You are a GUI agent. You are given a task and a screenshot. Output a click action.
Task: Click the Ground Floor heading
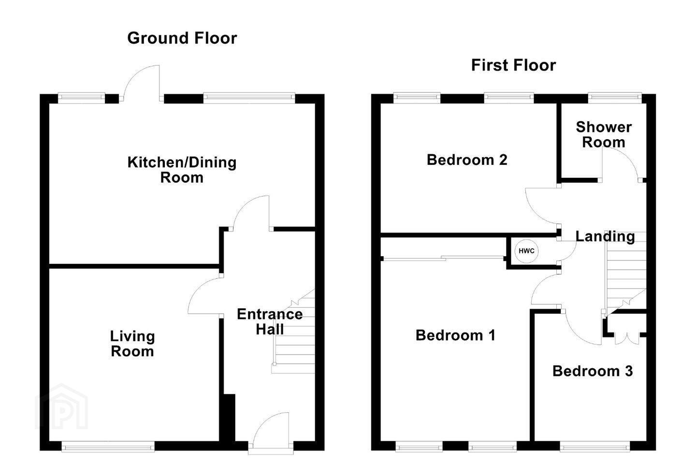pyautogui.click(x=182, y=38)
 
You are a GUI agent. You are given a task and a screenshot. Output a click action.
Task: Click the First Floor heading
pyautogui.click(x=513, y=65)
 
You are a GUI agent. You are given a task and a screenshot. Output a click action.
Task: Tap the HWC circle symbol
pyautogui.click(x=526, y=251)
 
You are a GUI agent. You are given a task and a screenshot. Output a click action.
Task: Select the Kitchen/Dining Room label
pyautogui.click(x=182, y=170)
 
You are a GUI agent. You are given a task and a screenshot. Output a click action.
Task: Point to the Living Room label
pyautogui.click(x=132, y=344)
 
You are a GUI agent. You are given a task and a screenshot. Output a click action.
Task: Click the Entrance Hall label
pyautogui.click(x=270, y=322)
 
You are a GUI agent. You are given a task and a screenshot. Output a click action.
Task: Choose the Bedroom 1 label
pyautogui.click(x=455, y=335)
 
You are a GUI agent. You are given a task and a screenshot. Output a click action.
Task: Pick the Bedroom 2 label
pyautogui.click(x=467, y=160)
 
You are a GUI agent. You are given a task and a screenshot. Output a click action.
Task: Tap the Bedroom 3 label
pyautogui.click(x=593, y=371)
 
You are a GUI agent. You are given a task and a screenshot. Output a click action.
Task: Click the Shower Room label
pyautogui.click(x=603, y=134)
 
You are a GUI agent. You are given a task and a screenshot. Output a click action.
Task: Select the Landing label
pyautogui.click(x=605, y=236)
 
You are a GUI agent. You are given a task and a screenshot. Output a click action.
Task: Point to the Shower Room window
pyautogui.click(x=615, y=98)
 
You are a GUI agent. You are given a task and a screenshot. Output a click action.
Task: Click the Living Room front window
pyautogui.click(x=108, y=447)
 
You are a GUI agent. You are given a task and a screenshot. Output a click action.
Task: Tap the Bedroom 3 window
pyautogui.click(x=594, y=447)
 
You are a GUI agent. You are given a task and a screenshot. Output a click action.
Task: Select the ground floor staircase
pyautogui.click(x=294, y=331)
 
